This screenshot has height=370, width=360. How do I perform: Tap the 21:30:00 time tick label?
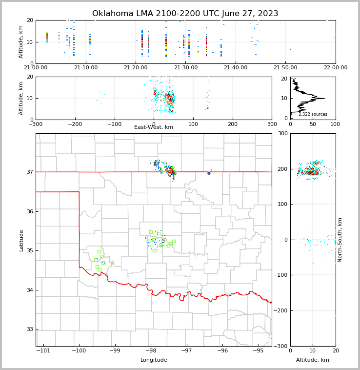point(186,67)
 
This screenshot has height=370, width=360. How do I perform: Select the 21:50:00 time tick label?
point(285,67)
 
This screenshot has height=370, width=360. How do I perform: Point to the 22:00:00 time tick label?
point(335,67)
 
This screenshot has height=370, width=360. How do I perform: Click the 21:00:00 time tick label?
point(36,67)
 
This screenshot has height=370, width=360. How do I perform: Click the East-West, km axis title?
point(154,127)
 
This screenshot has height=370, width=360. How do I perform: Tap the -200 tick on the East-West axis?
point(75,123)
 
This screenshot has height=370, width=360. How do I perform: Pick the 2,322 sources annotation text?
point(313,114)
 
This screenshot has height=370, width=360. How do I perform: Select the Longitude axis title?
point(154,360)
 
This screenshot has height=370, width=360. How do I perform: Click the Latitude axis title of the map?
point(21,240)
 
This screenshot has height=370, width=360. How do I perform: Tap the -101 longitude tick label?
point(43,350)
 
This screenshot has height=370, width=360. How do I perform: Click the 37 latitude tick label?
point(29,172)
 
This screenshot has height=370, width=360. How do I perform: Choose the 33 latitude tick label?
point(29,329)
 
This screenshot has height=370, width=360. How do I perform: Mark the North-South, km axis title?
point(340,240)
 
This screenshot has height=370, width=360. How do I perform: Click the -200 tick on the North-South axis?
point(280,311)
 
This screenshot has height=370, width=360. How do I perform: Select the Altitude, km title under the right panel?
point(313,360)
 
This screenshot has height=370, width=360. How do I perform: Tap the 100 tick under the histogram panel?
point(335,123)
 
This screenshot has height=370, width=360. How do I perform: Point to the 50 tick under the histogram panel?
point(313,123)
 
